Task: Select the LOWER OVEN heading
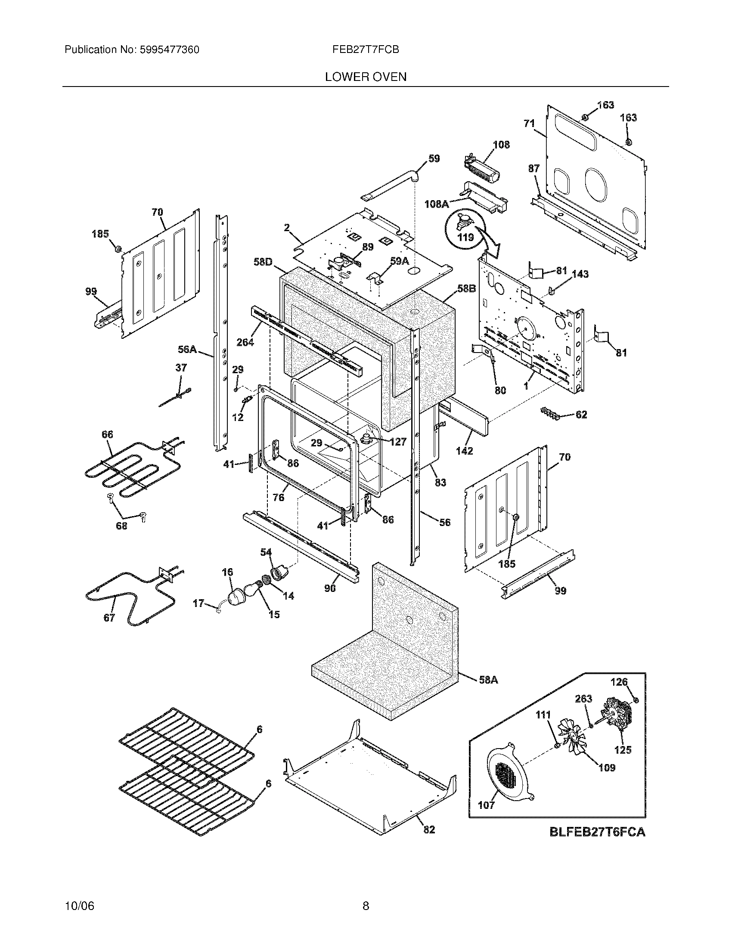pyautogui.click(x=366, y=77)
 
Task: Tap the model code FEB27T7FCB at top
pyautogui.click(x=366, y=50)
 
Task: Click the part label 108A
pyautogui.click(x=436, y=203)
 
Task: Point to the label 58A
pyautogui.click(x=488, y=680)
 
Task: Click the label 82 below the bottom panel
pyautogui.click(x=429, y=829)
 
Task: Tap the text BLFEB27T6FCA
pyautogui.click(x=597, y=832)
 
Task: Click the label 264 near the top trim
pyautogui.click(x=245, y=342)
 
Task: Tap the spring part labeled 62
pyautogui.click(x=550, y=414)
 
